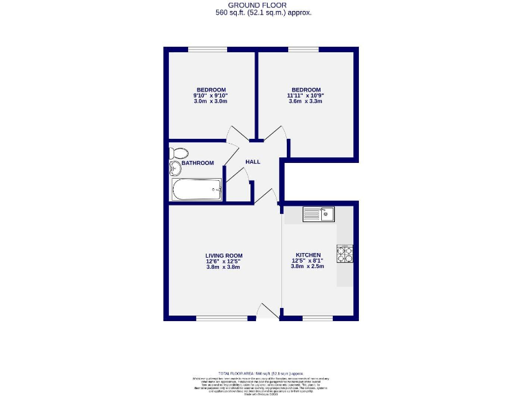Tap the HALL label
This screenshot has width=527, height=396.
pyautogui.click(x=253, y=162)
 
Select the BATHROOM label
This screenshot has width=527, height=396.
pyautogui.click(x=198, y=163)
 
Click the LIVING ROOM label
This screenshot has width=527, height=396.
pyautogui.click(x=224, y=255)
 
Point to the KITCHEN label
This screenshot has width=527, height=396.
pyautogui.click(x=308, y=255)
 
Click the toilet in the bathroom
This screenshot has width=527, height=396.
pyautogui.click(x=180, y=153)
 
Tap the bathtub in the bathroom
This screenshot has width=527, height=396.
pyautogui.click(x=197, y=190)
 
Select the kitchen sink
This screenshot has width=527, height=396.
pyautogui.click(x=318, y=214)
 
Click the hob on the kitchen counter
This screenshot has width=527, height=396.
pyautogui.click(x=344, y=254)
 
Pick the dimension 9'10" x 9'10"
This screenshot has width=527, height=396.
pyautogui.click(x=211, y=96)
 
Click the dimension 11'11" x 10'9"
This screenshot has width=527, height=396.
pyautogui.click(x=305, y=96)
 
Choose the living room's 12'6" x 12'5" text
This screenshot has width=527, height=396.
pyautogui.click(x=224, y=261)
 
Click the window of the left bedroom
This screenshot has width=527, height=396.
pyautogui.click(x=208, y=49)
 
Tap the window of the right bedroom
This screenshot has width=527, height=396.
pyautogui.click(x=303, y=49)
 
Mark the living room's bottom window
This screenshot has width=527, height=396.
pyautogui.click(x=222, y=318)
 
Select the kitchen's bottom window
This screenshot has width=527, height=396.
pyautogui.click(x=317, y=318)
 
